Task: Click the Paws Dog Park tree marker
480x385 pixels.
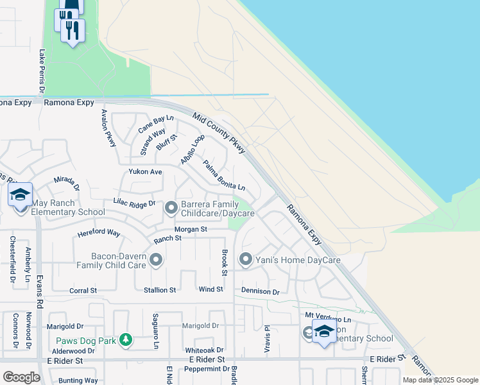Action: point(126,340)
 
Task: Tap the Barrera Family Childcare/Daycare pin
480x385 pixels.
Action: point(171,207)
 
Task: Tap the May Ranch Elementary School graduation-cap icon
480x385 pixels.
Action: point(20,194)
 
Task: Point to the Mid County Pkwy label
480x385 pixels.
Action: point(219,132)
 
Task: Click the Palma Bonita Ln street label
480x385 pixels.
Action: point(224,175)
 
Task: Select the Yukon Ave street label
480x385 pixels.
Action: point(145,172)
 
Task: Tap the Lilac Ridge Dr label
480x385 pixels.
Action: point(134,203)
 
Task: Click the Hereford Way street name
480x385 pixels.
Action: point(99,233)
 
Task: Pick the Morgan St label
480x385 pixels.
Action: point(191,229)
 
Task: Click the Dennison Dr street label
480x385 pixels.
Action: point(261,291)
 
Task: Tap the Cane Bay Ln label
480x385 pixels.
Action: point(156,123)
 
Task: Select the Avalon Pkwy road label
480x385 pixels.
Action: point(108,128)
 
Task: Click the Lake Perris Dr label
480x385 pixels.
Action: point(42,70)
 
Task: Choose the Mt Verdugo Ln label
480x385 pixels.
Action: point(328,318)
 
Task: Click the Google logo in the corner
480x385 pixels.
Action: point(21,377)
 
